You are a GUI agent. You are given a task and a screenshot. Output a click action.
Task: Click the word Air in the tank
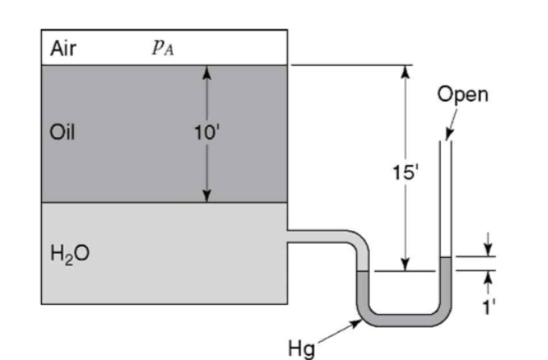[64, 48]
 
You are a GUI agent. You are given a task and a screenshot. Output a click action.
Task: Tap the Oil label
[64, 133]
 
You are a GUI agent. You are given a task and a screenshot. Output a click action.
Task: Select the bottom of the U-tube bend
[402, 320]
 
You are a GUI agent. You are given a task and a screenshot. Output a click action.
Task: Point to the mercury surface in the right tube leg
[446, 256]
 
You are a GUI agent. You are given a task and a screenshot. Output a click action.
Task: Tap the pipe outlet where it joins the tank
[289, 236]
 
